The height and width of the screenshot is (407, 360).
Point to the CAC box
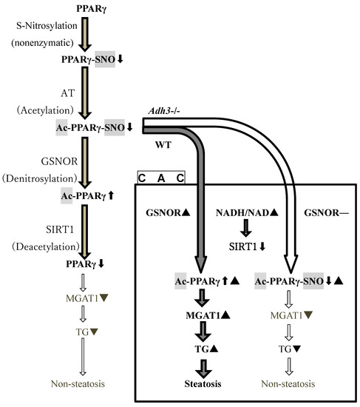point(160,178)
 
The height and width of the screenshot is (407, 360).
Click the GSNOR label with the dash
point(319,212)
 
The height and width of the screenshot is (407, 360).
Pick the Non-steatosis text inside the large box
point(290,385)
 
